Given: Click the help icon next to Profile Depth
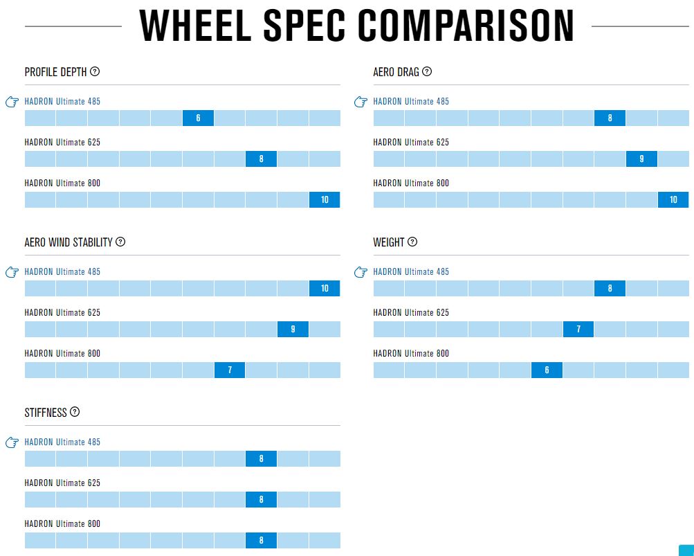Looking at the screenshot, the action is click(95, 71).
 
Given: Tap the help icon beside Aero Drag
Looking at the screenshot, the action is click(427, 71).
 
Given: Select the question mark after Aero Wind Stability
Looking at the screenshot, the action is click(120, 242).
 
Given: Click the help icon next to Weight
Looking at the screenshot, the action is click(412, 242).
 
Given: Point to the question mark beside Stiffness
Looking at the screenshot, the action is click(75, 412).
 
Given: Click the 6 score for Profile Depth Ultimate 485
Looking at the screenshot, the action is click(199, 118).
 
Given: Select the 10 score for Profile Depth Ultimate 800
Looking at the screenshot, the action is click(325, 200).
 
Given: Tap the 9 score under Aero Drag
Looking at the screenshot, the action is click(642, 159).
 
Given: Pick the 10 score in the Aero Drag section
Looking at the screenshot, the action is click(673, 200).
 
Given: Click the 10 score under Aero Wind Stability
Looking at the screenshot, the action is click(325, 289).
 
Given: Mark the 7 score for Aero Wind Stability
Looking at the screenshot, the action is click(230, 370).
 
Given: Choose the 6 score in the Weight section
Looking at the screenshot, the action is click(547, 370).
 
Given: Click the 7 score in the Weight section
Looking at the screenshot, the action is click(578, 329).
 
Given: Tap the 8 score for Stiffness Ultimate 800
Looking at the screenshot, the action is click(261, 541).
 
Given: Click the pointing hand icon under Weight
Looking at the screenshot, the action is click(360, 272).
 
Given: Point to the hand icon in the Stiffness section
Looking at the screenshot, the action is click(12, 442).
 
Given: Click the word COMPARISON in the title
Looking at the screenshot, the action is click(466, 26).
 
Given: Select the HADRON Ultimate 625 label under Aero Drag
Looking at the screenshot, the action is click(411, 142).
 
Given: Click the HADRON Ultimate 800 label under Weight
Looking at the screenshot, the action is click(411, 354).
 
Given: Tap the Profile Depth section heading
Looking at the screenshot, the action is click(56, 72).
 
